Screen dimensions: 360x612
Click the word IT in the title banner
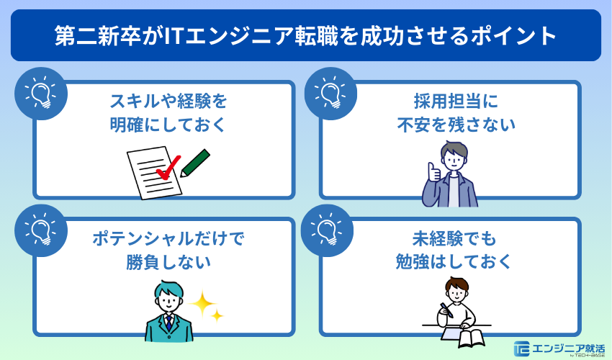tap(174, 35)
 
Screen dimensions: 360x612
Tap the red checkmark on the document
tap(168, 168)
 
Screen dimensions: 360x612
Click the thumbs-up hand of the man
tap(433, 173)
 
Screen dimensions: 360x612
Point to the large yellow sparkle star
tap(204, 305)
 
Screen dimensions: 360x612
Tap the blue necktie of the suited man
tap(168, 323)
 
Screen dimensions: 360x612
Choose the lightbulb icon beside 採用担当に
tap(330, 93)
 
